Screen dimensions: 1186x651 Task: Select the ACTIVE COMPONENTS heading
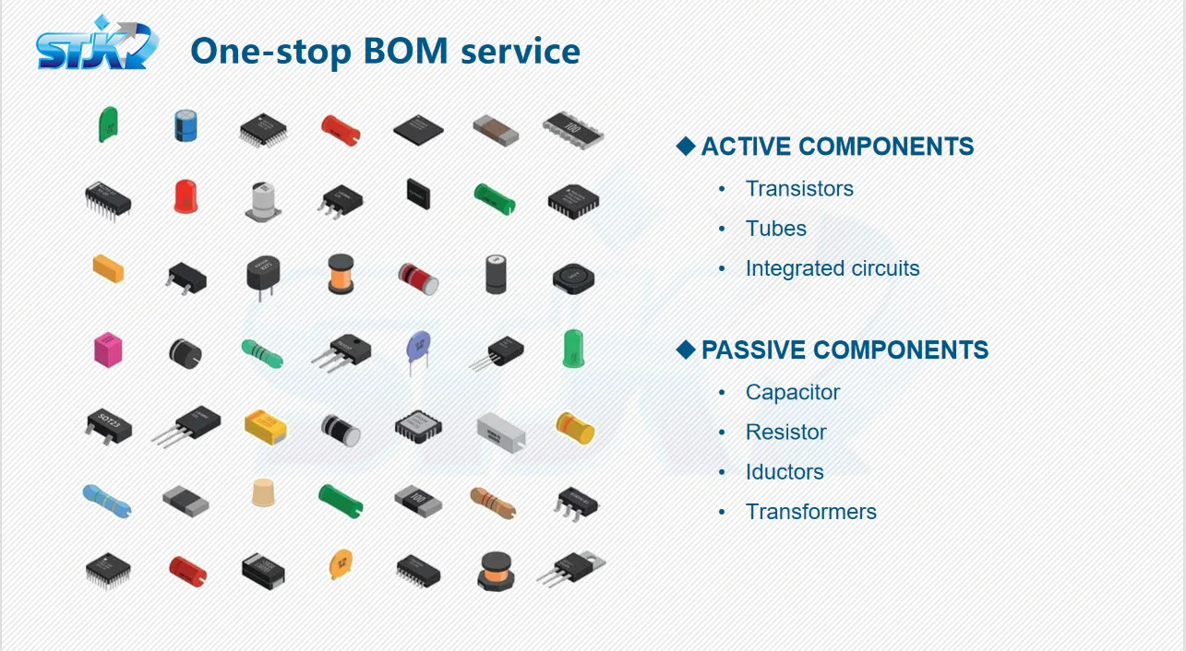[x=837, y=147]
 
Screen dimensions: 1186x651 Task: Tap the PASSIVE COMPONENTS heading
[x=845, y=350]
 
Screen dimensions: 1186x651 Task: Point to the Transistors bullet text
[x=799, y=189]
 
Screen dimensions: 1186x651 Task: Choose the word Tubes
[x=776, y=229]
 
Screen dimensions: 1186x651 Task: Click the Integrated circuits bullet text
[x=833, y=268]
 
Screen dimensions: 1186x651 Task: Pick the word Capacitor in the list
[x=793, y=392]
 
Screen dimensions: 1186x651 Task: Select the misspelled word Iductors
[x=785, y=472]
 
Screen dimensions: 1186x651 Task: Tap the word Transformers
[x=811, y=512]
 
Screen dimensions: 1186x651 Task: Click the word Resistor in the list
[x=786, y=432]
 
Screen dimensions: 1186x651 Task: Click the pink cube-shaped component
[x=108, y=349]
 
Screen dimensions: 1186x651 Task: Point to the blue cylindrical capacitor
[x=186, y=125]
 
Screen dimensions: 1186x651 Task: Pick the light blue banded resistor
[x=106, y=499]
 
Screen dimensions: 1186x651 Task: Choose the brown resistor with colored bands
[x=493, y=502]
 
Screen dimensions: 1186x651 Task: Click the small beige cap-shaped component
[x=264, y=493]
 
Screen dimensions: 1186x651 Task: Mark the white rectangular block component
[x=500, y=427]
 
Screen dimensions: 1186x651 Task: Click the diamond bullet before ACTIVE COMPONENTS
[x=685, y=146]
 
